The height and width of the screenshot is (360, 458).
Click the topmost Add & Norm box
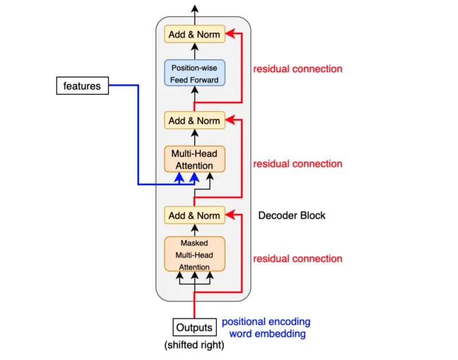195,34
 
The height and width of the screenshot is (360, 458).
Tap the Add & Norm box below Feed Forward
195,121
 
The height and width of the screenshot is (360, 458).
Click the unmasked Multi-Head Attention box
195,159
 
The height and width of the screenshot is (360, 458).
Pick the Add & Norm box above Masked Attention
195,216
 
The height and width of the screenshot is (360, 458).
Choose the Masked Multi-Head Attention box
195,254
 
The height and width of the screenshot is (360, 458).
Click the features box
82,86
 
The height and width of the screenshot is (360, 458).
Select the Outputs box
195,328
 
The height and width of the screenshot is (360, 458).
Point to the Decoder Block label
291,216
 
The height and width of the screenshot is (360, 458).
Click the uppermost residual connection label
298,69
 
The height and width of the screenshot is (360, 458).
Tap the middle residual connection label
298,164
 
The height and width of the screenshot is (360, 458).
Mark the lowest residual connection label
298,259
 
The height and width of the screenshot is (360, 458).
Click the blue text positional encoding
266,322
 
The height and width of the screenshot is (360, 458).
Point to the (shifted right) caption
195,346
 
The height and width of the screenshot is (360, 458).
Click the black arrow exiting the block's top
195,11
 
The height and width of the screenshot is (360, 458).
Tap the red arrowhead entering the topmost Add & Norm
229,34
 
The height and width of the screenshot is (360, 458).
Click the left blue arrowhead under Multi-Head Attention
179,178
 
